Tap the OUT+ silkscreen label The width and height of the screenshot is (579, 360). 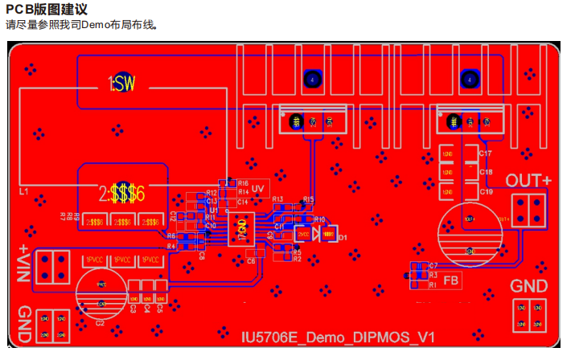[x=528, y=181]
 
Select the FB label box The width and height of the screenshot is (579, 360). [x=451, y=280]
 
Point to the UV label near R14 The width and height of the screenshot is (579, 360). [x=257, y=189]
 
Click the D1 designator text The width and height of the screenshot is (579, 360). [x=342, y=238]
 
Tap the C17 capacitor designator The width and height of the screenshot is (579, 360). [x=486, y=153]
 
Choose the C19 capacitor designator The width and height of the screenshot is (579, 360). [x=486, y=192]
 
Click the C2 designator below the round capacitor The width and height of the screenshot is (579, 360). [x=100, y=322]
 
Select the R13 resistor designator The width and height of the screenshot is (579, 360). [x=277, y=198]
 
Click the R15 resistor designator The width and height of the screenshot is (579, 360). [x=309, y=198]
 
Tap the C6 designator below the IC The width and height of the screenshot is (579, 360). [x=251, y=261]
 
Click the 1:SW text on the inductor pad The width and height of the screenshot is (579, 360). [x=123, y=84]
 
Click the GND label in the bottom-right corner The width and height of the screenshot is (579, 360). [x=529, y=286]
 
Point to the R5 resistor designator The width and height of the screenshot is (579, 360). [x=297, y=252]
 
